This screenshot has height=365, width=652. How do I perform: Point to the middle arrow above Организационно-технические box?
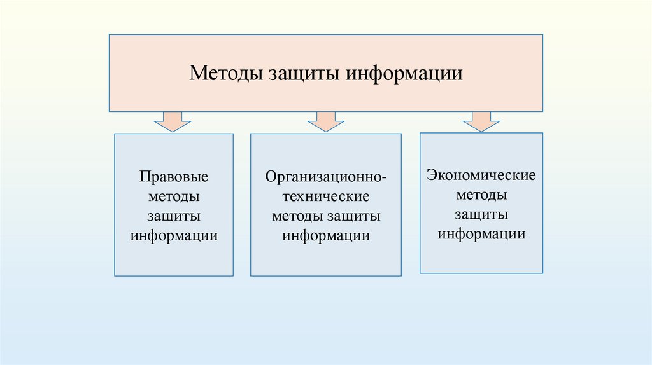pos(325,121)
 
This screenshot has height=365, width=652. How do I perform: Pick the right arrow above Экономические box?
pos(481,121)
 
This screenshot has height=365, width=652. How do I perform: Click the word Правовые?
pos(174,176)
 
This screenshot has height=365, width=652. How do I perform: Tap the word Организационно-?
pos(326,176)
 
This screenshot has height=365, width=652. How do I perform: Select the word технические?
pos(326,196)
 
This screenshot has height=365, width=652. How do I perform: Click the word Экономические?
pos(481,175)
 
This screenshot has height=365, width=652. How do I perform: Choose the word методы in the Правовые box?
pos(174,196)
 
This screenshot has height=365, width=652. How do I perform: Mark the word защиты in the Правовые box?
pos(174,216)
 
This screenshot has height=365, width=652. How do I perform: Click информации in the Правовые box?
pos(174,235)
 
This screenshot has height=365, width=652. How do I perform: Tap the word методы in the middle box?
pos(298,216)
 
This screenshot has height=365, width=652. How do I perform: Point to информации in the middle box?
pos(327,235)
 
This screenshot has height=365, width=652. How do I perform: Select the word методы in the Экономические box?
pos(481,194)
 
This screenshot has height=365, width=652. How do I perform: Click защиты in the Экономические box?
pos(481,214)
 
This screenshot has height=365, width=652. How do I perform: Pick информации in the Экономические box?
pos(481,233)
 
